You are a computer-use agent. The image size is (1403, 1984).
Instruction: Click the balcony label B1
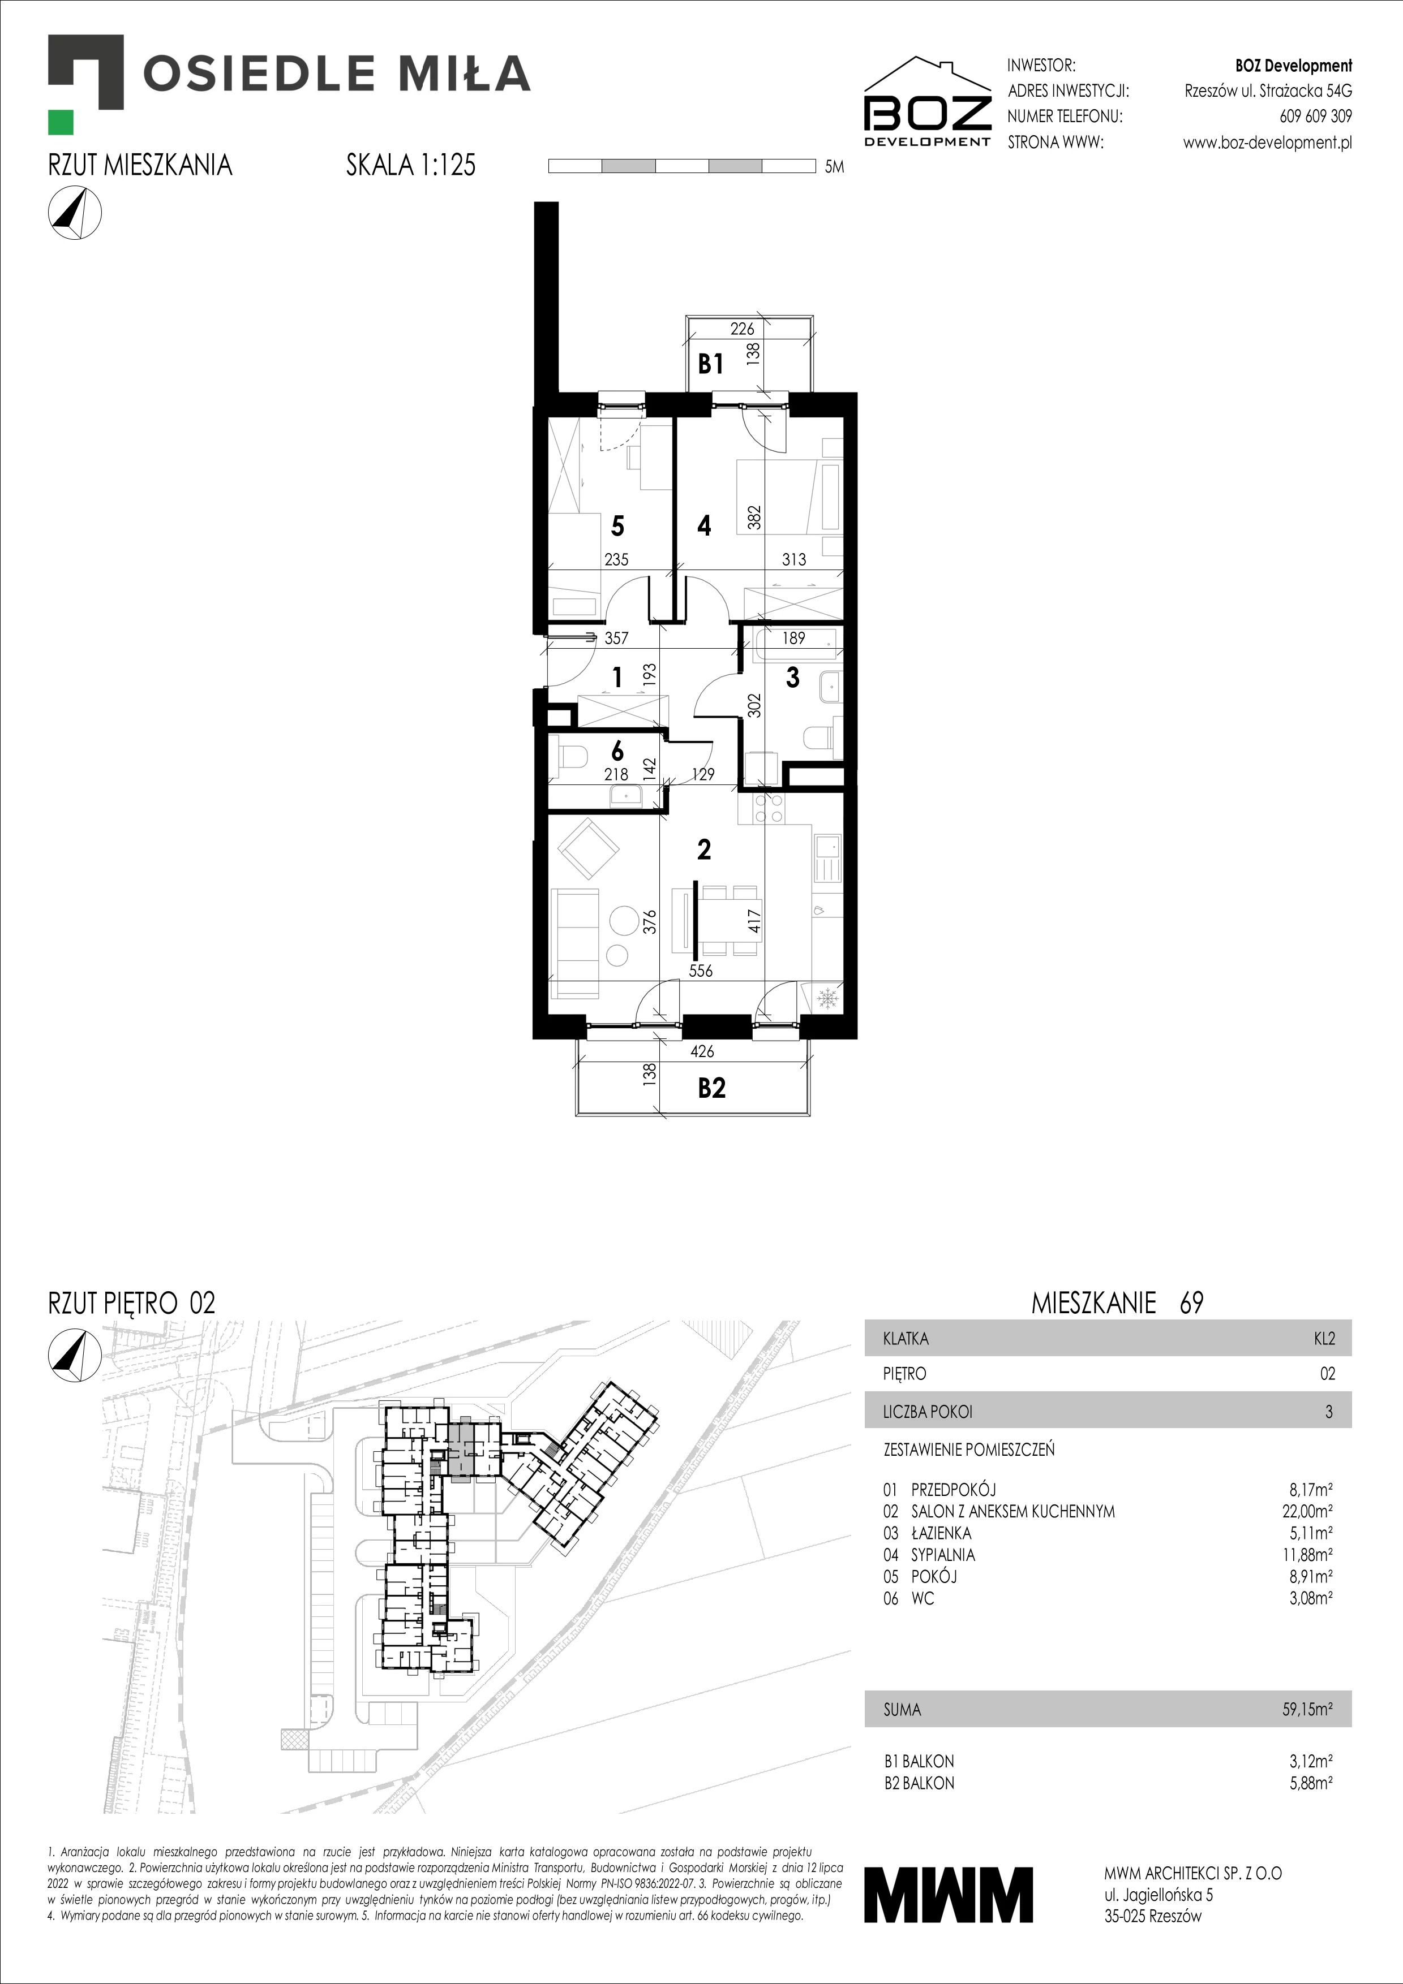(x=711, y=365)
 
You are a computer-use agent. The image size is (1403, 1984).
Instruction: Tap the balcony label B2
(x=711, y=1088)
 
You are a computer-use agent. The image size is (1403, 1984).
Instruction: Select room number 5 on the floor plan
(x=617, y=525)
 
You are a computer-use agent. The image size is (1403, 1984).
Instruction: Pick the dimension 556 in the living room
(x=701, y=971)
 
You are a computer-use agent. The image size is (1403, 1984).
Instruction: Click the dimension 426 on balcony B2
(x=702, y=1051)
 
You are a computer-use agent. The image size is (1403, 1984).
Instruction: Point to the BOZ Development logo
(x=928, y=102)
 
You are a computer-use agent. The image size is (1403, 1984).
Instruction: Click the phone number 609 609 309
(x=1316, y=116)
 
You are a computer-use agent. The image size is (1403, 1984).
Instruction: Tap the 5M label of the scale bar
(x=834, y=167)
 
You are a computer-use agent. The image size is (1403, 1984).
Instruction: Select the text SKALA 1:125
(x=411, y=165)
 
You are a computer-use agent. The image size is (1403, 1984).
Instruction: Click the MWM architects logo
(x=949, y=1895)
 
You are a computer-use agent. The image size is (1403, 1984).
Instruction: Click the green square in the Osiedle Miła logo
(x=61, y=123)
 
